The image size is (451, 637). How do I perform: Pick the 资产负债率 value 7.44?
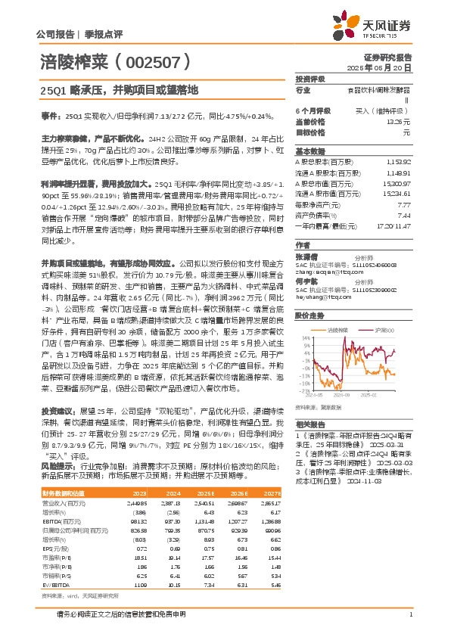(404, 215)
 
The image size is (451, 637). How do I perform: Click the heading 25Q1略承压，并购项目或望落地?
(118, 89)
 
